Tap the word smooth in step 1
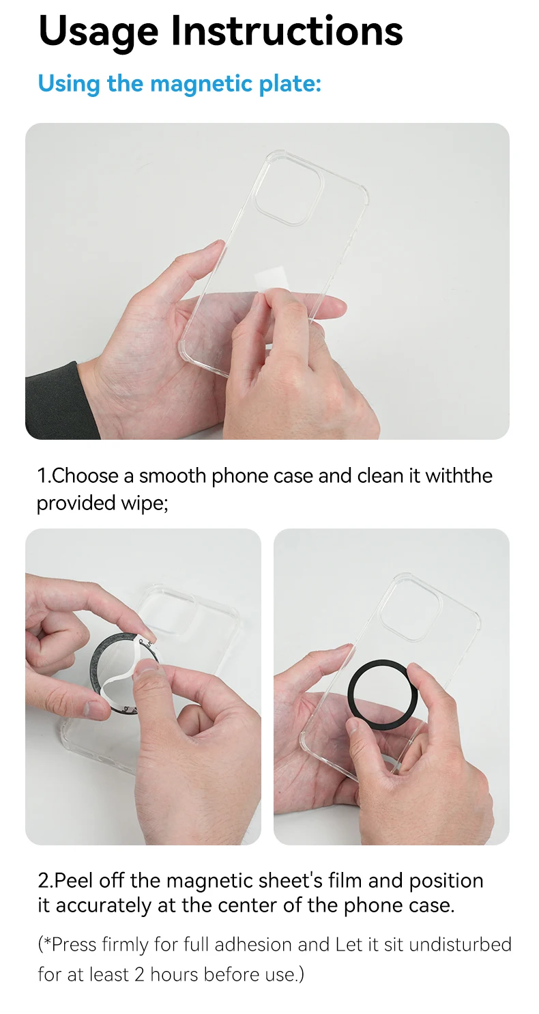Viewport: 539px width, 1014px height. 173,476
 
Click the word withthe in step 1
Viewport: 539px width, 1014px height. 458,476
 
